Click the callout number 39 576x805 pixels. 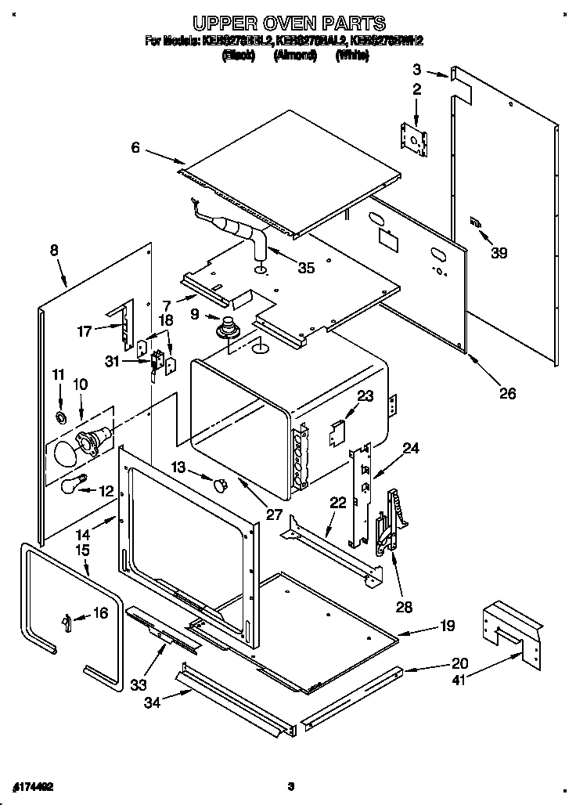coord(499,253)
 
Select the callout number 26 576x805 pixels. coord(507,393)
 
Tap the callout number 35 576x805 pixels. coord(306,268)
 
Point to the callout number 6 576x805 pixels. coord(136,147)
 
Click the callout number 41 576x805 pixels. coord(458,680)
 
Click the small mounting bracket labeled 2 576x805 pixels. coord(416,138)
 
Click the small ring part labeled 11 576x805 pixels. coord(61,413)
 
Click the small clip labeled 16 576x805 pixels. coord(67,621)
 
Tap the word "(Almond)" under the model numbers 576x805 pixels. coord(294,56)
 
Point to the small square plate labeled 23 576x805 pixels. coord(337,428)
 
